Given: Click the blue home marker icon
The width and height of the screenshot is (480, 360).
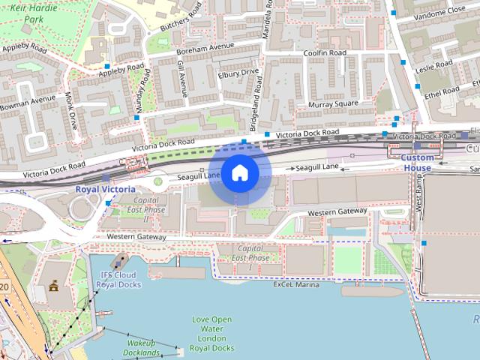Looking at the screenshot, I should (239, 173).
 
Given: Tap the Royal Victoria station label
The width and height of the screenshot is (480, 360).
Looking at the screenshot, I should (105, 189).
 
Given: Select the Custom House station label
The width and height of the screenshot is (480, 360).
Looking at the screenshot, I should (417, 163).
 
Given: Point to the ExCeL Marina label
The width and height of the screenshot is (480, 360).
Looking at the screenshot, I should (295, 285).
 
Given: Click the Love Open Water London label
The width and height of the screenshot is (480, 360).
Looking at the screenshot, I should (213, 334).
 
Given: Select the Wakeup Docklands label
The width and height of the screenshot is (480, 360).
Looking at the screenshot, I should (142, 348).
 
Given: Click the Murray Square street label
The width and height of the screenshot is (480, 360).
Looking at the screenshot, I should (334, 103).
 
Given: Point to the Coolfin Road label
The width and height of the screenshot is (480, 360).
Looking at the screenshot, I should (324, 53).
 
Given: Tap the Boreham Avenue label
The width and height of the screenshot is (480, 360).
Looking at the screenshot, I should (200, 48).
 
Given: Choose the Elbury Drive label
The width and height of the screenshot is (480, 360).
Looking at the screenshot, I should (238, 74).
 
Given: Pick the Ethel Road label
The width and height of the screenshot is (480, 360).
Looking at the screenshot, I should (442, 92).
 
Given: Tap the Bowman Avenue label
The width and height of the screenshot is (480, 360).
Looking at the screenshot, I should (28, 98).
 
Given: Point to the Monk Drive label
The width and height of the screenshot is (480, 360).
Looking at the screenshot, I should (71, 111).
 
